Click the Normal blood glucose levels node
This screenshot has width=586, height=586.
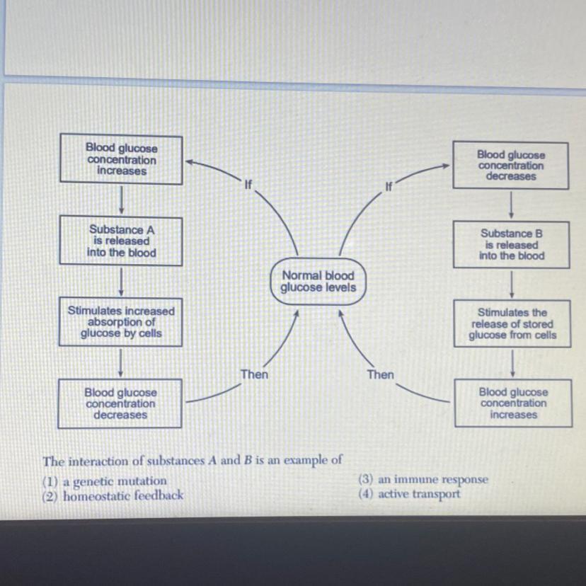318,282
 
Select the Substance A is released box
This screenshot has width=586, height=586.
121,241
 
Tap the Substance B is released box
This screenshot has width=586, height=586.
512,244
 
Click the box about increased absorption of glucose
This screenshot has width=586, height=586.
120,322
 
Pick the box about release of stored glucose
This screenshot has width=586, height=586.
512,323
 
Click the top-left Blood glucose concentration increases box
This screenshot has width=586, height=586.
121,159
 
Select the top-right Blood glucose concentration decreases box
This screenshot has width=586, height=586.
510,165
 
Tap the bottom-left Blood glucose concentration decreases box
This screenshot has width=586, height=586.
120,403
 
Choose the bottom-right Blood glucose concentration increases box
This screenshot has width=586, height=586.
512,403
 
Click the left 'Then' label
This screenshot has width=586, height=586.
254,374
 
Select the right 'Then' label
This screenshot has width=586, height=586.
380,374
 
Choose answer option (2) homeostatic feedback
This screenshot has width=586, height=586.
114,496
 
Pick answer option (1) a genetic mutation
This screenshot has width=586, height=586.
105,481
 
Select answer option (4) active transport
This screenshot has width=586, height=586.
410,494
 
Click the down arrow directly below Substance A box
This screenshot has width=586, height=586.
122,281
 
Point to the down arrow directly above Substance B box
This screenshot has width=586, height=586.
512,205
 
